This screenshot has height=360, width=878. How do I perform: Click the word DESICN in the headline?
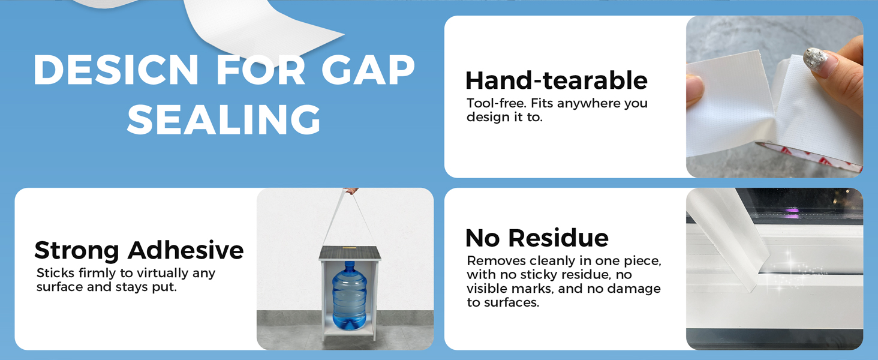pyautogui.click(x=116, y=70)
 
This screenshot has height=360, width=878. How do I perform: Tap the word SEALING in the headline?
pyautogui.click(x=224, y=119)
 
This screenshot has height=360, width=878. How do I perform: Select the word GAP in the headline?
pyautogui.click(x=368, y=70)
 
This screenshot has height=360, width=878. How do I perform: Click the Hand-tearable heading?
pyautogui.click(x=556, y=80)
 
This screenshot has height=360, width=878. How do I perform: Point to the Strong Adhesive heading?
pyautogui.click(x=139, y=250)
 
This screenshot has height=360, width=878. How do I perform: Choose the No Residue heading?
pyautogui.click(x=537, y=238)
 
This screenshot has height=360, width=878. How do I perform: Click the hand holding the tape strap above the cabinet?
pyautogui.click(x=350, y=191)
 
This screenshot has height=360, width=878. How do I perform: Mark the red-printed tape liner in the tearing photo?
pyautogui.click(x=807, y=155)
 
